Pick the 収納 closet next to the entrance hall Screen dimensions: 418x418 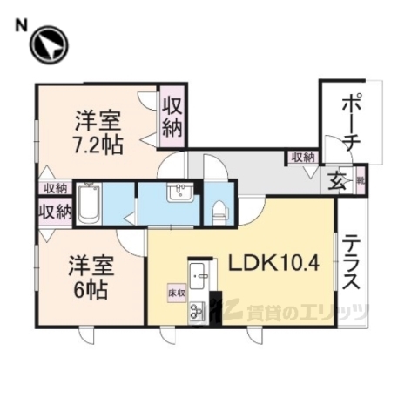[302, 158]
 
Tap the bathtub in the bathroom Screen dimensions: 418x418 [90, 206]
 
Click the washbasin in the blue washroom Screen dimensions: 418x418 [182, 191]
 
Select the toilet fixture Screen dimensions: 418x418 [219, 209]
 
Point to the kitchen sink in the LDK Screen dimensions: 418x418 [198, 275]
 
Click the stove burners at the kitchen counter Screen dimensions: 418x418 [197, 307]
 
